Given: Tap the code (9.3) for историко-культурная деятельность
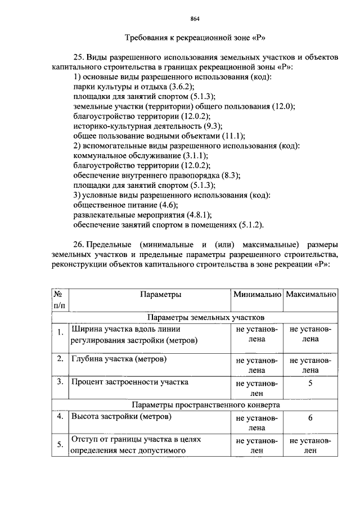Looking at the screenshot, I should [211, 125].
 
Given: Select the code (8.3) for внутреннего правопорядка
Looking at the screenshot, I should [231, 175].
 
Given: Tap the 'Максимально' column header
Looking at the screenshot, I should [311, 294].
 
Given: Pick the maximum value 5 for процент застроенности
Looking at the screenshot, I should [310, 383].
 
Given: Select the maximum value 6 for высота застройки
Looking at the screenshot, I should [310, 418].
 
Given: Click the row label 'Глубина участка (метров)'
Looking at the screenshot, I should [119, 358].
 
